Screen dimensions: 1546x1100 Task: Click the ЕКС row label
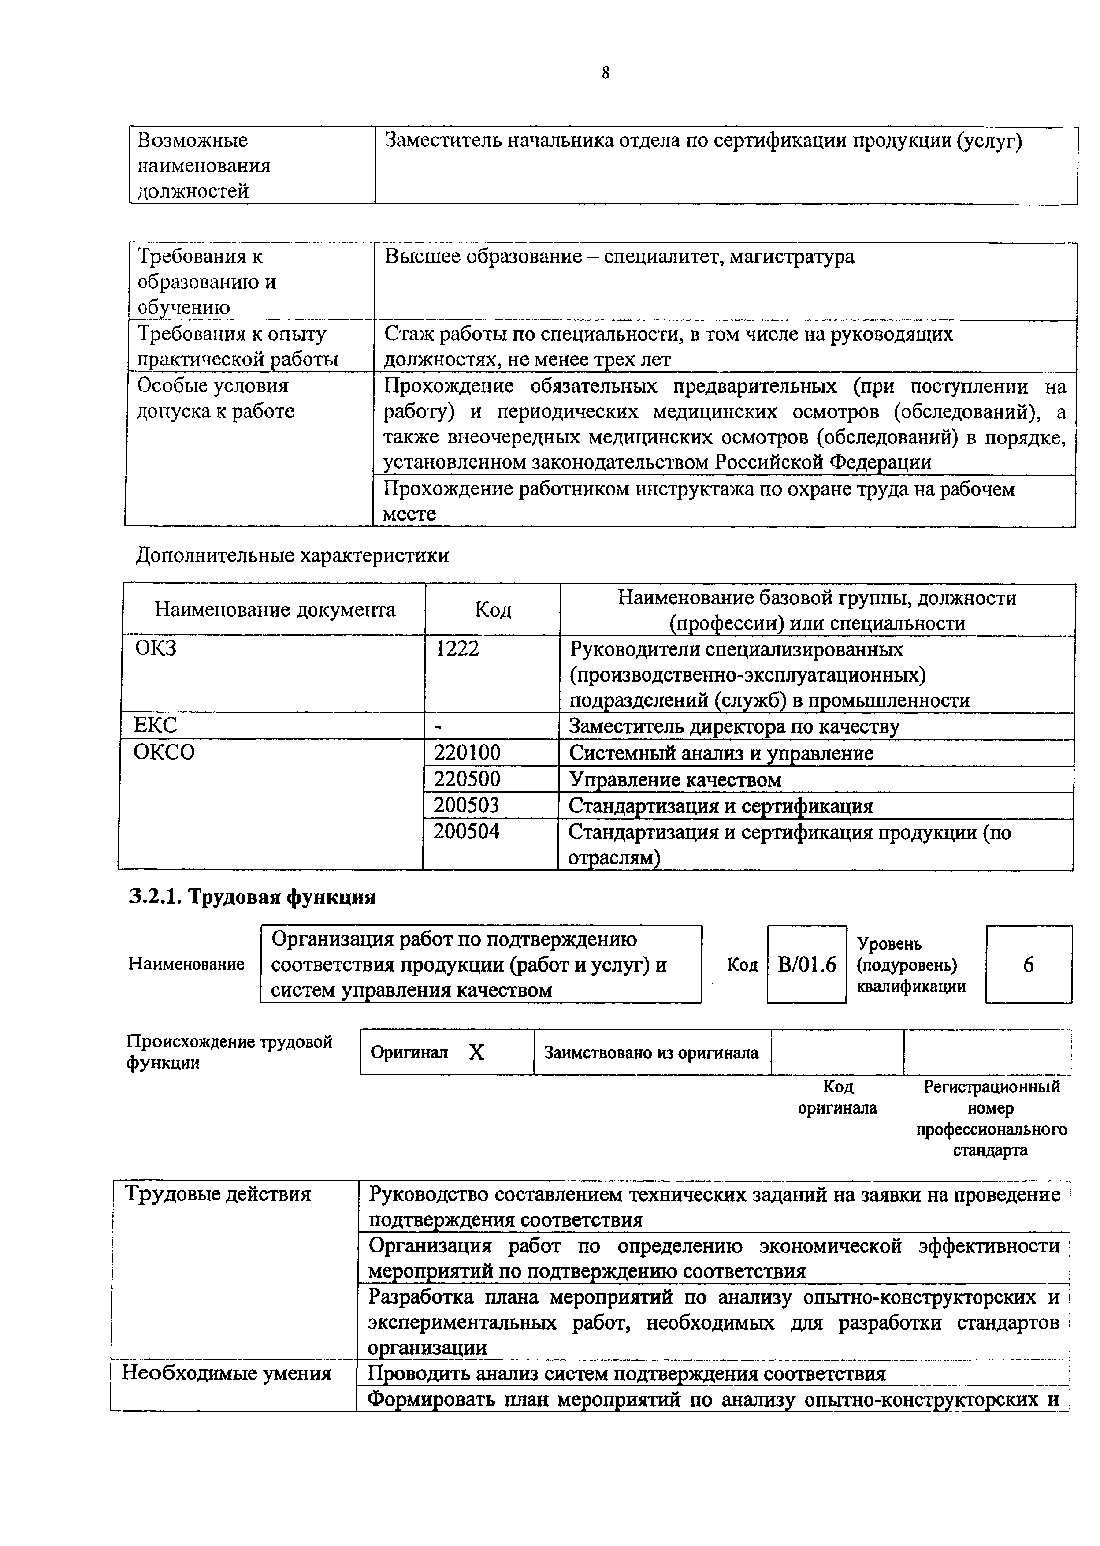(155, 726)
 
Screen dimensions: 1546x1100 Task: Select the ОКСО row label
(164, 752)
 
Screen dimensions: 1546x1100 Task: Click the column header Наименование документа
(275, 610)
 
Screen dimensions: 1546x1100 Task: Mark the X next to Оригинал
(477, 1052)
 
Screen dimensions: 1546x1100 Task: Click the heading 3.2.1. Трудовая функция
(252, 897)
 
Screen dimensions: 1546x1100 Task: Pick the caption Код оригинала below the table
(837, 1098)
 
